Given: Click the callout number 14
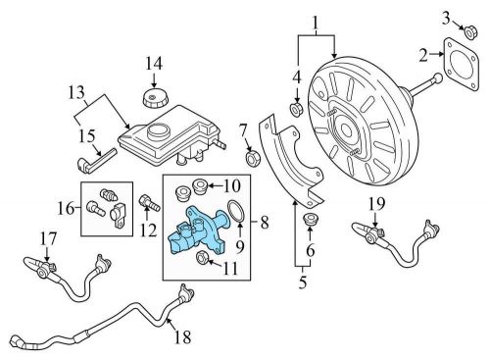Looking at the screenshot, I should pos(153,65).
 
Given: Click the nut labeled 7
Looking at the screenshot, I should pos(249,156).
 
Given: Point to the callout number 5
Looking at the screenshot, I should pos(303,284).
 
